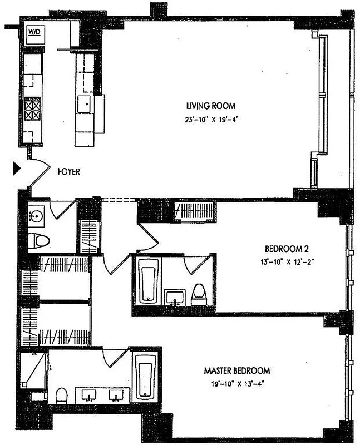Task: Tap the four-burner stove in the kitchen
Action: click(x=32, y=108)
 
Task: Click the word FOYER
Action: click(x=69, y=172)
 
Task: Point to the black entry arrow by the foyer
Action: click(x=17, y=169)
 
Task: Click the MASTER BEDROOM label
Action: click(x=236, y=370)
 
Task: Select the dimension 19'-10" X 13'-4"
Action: click(x=236, y=383)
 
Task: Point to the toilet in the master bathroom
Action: click(x=61, y=395)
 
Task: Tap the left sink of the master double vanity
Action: click(x=90, y=395)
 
